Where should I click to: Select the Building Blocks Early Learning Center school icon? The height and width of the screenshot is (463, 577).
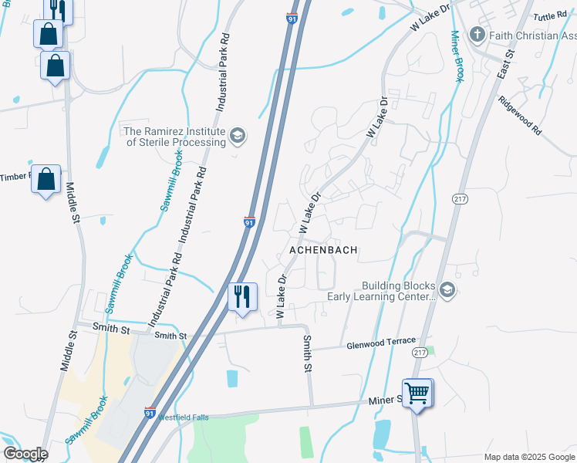[447, 290]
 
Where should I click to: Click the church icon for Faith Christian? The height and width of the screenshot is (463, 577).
[477, 35]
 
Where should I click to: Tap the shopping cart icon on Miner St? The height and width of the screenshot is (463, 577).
[417, 393]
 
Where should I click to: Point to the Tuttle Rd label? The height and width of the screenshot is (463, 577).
[550, 15]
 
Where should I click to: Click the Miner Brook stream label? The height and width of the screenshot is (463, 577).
[457, 56]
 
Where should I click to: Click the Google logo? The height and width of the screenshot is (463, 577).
[25, 454]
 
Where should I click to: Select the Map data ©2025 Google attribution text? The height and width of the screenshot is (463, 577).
[529, 457]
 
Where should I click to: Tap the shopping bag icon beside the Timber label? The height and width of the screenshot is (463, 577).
[46, 180]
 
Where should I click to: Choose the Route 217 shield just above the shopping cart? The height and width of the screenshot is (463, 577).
[420, 352]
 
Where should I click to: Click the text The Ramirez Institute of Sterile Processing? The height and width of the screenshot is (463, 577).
[175, 137]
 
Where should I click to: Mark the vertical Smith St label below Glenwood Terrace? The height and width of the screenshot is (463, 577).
[306, 353]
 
